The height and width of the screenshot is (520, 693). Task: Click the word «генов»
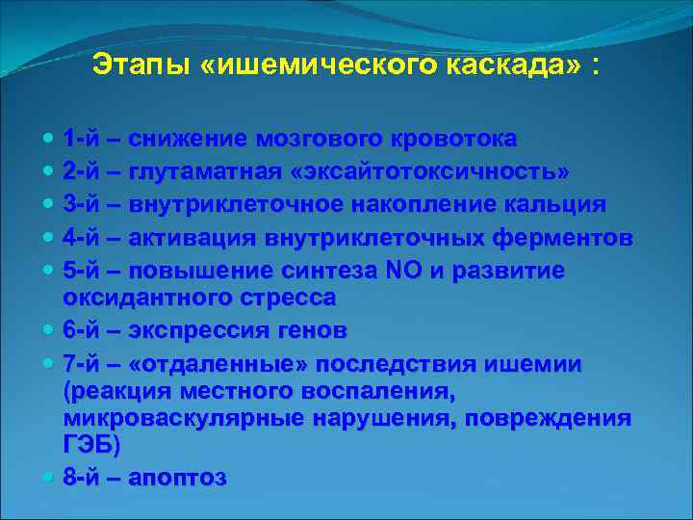312,330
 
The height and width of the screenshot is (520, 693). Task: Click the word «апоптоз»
177,478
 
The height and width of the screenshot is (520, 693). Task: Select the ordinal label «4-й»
86,238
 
